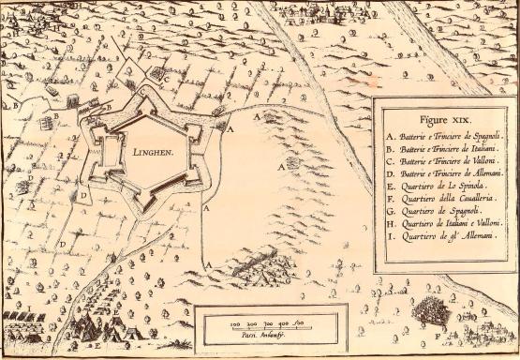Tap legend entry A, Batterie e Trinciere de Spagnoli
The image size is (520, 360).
coord(444,137)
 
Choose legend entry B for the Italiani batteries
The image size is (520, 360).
coord(444,152)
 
